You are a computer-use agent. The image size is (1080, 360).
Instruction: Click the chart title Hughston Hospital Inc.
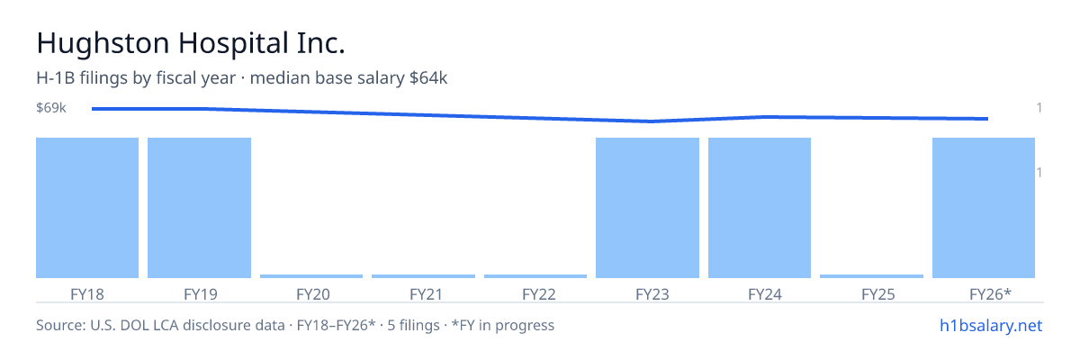(x=191, y=43)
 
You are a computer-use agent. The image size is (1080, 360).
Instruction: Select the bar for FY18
(x=87, y=208)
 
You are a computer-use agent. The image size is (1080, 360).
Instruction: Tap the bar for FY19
(x=199, y=208)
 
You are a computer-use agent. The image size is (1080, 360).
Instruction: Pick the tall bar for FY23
(x=647, y=208)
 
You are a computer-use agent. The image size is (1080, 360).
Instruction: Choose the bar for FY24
(x=760, y=208)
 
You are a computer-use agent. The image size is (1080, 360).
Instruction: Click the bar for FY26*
(x=984, y=208)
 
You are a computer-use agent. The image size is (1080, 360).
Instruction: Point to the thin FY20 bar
(x=311, y=276)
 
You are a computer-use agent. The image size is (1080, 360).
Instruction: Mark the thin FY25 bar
(x=872, y=276)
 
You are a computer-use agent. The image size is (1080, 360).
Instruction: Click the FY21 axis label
(x=427, y=294)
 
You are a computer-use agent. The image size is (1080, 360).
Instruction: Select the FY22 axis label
(x=539, y=294)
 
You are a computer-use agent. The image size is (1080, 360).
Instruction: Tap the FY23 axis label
(x=652, y=294)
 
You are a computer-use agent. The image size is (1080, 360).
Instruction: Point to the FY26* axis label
(x=990, y=294)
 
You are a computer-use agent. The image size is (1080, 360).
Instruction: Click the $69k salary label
(x=51, y=107)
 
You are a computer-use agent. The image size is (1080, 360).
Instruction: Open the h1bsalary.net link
(x=991, y=326)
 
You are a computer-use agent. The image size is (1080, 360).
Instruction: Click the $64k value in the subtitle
(x=428, y=78)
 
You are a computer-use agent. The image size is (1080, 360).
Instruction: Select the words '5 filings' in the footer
(x=414, y=326)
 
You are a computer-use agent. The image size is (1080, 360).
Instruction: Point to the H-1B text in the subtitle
(x=56, y=78)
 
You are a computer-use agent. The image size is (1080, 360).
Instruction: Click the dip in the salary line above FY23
(x=651, y=121)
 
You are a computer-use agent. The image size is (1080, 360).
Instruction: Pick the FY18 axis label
(x=87, y=294)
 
